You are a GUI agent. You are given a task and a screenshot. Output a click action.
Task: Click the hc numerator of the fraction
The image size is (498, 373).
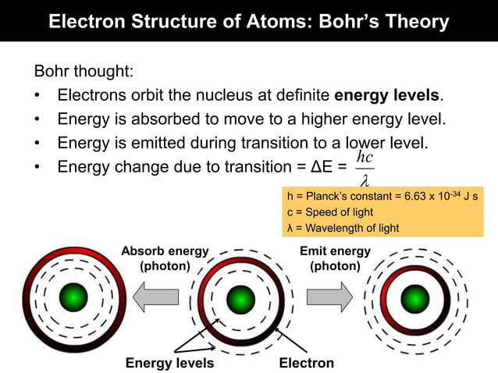point(364,157)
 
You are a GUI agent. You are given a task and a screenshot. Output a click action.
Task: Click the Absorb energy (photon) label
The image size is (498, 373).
point(165,258)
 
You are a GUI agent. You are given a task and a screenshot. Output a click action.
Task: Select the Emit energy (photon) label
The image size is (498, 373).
point(335,258)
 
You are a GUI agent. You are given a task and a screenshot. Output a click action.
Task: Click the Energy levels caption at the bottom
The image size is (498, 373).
point(169,363)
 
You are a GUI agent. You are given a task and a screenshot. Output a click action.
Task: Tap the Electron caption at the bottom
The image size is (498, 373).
point(306,363)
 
